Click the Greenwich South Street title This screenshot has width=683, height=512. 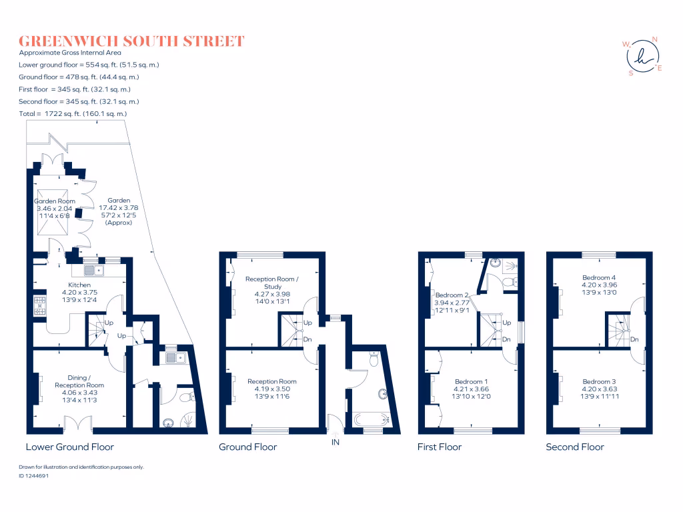click(x=131, y=41)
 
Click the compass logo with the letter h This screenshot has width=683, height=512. click(x=643, y=56)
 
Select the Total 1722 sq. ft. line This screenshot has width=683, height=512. click(x=73, y=114)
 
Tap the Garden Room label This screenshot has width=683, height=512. click(x=55, y=201)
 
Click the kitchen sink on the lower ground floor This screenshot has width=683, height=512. click(x=93, y=270)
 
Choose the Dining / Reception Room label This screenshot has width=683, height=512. click(x=79, y=381)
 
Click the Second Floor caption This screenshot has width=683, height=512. click(x=575, y=447)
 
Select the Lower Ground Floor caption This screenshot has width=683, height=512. click(x=69, y=447)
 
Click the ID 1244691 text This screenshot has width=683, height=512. click(x=33, y=476)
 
